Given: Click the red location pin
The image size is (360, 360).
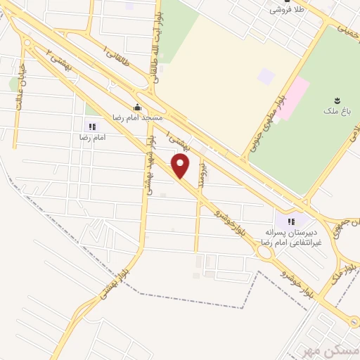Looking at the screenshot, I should click(x=181, y=166).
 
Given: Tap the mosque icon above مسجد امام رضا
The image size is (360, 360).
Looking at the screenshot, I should click(x=137, y=108).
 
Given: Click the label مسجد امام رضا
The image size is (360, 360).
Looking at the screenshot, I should click(x=138, y=118).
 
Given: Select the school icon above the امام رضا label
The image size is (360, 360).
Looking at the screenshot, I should click(x=91, y=127).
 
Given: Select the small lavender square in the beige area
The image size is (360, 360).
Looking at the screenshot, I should click(x=266, y=75).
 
